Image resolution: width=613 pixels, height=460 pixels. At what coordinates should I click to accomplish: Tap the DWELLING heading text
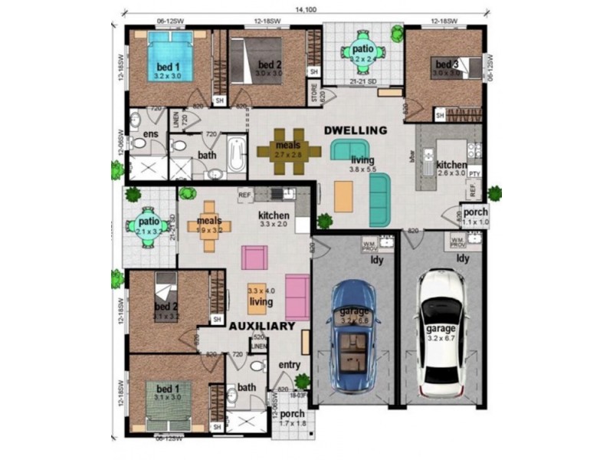(x=355, y=130)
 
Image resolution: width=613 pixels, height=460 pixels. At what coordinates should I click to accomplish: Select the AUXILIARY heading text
(x=263, y=326)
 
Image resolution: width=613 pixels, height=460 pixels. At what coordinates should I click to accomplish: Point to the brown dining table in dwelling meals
(x=288, y=149)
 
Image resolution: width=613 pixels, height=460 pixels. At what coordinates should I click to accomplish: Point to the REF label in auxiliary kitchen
(x=244, y=195)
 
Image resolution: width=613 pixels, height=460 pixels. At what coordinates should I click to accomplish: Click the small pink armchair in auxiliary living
(x=254, y=257)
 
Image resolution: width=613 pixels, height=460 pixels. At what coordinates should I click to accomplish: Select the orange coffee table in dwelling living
(x=344, y=196)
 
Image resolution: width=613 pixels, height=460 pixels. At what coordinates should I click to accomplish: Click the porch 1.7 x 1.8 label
(x=291, y=419)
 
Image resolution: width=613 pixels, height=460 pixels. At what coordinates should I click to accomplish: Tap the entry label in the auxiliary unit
(x=289, y=365)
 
